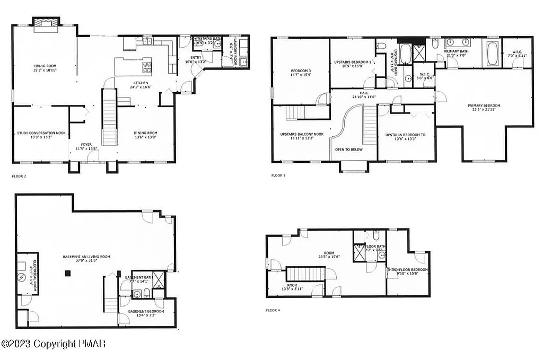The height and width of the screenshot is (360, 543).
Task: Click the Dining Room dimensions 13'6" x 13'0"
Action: (145, 137)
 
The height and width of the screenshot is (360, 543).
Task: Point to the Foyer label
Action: (86, 144)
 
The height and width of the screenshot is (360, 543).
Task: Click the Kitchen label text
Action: (141, 83)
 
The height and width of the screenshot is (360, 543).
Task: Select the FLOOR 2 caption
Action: (19, 175)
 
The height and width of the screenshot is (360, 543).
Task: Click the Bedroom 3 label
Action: (300, 71)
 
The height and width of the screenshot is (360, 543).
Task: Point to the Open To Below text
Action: (348, 150)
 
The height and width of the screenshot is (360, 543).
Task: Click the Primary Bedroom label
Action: (484, 106)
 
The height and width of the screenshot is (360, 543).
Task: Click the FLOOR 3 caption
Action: (278, 175)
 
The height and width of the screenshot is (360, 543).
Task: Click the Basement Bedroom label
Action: (146, 311)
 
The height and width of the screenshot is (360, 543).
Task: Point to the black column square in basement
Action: (68, 274)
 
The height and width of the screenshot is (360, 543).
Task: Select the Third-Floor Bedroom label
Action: (407, 270)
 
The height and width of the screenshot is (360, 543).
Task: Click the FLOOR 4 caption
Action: (273, 310)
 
